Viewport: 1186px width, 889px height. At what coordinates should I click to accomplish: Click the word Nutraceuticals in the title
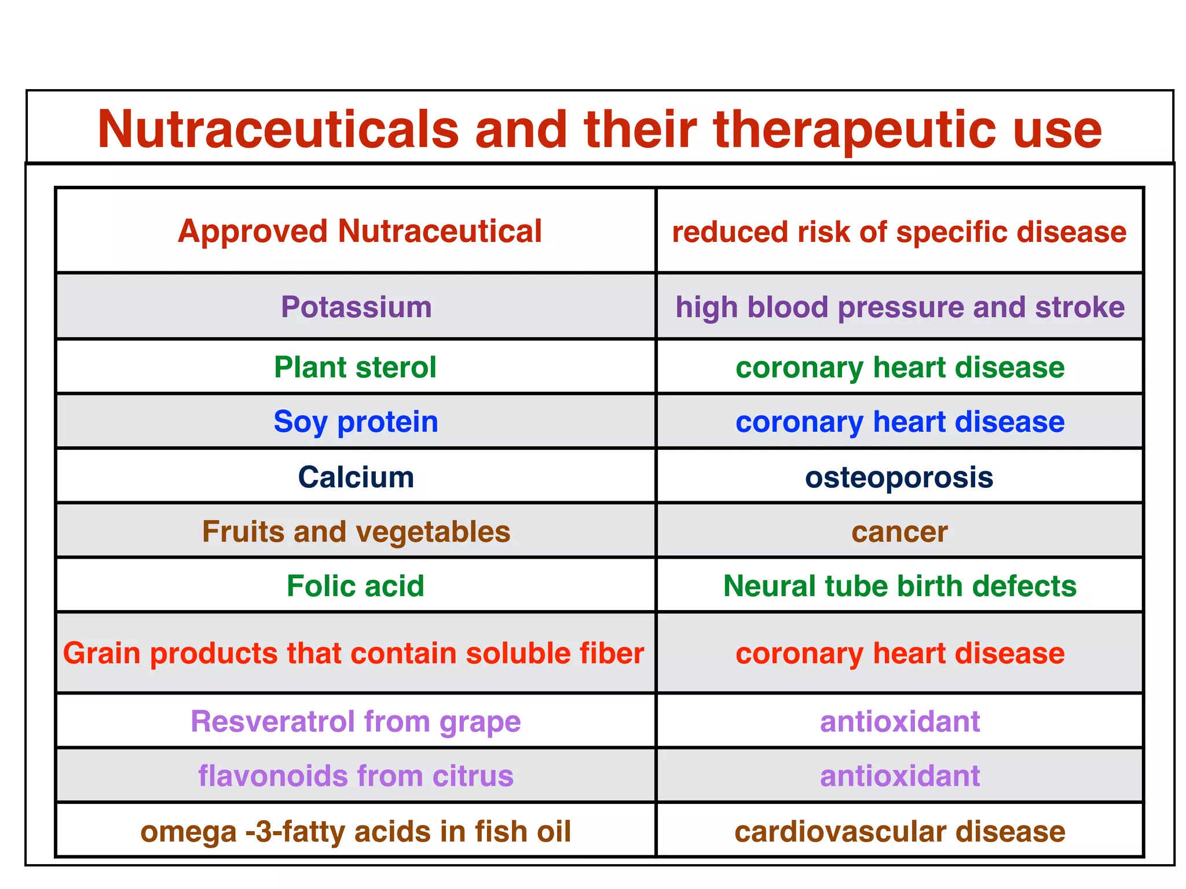click(x=278, y=129)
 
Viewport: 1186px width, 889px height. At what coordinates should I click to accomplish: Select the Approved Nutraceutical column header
click(x=360, y=232)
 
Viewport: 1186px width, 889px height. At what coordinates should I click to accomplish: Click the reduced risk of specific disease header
click(x=899, y=232)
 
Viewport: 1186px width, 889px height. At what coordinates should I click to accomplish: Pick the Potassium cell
click(x=356, y=307)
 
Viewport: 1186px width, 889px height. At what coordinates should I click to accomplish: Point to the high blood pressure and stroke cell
click(x=900, y=307)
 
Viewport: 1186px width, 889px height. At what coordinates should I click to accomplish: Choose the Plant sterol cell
click(x=355, y=368)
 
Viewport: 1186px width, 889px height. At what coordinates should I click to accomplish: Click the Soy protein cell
click(x=356, y=422)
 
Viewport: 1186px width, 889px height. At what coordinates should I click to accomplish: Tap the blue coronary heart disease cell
click(x=900, y=422)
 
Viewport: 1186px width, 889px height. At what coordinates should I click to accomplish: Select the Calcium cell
click(x=356, y=477)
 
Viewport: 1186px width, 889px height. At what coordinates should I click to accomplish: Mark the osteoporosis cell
click(x=899, y=477)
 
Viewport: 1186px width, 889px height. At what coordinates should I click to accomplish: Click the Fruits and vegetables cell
click(x=356, y=532)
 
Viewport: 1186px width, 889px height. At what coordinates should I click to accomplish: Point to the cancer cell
click(x=899, y=532)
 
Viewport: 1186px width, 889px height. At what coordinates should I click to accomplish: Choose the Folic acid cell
click(x=356, y=586)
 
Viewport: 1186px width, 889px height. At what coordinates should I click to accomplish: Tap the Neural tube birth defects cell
click(x=900, y=586)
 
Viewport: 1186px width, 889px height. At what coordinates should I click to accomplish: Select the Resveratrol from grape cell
click(x=356, y=722)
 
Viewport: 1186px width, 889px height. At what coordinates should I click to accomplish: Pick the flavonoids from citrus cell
click(x=356, y=776)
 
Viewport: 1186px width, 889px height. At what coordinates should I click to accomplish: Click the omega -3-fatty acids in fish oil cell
click(x=356, y=832)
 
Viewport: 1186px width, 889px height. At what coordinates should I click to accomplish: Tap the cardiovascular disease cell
click(x=900, y=832)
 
